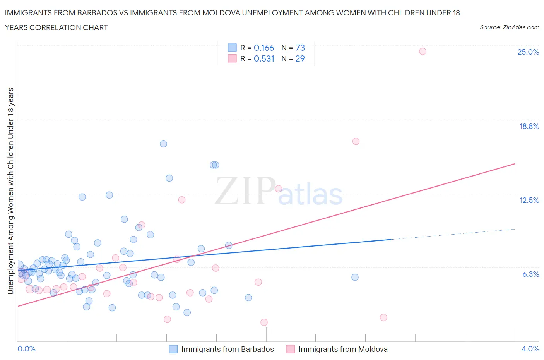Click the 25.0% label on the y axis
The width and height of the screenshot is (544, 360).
click(x=528, y=52)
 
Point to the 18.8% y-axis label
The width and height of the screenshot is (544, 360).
click(x=529, y=126)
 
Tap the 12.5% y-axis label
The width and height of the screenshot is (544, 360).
click(x=529, y=200)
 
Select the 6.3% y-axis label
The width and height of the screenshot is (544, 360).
click(x=530, y=274)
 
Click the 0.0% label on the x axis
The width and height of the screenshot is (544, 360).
click(x=26, y=349)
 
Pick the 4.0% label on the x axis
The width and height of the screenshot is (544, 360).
click(x=530, y=349)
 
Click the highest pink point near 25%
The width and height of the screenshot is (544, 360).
click(x=423, y=51)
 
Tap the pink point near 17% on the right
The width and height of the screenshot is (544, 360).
click(x=356, y=141)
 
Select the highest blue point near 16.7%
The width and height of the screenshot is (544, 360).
click(x=163, y=144)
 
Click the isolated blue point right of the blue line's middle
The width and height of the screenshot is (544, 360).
click(x=355, y=277)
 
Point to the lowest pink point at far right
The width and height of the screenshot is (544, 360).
click(x=383, y=317)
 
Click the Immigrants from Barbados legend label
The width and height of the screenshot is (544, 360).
click(x=227, y=349)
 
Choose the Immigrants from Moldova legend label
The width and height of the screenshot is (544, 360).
click(x=343, y=349)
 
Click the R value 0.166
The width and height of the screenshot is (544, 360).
click(x=263, y=48)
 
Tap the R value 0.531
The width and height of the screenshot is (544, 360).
click(x=263, y=58)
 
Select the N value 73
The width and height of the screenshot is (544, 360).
click(x=300, y=48)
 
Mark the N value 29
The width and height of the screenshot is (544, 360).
click(x=300, y=58)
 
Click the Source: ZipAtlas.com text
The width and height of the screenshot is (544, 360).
click(x=509, y=27)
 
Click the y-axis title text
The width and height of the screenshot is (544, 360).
click(x=11, y=191)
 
